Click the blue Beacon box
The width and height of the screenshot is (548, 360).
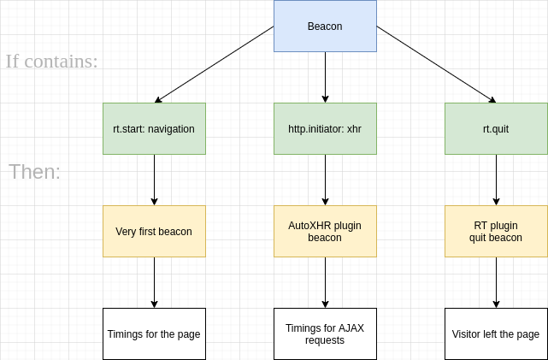click(325, 27)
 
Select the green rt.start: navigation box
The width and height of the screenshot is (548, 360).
click(154, 129)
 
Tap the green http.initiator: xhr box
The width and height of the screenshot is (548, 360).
click(325, 129)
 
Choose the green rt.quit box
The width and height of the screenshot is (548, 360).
click(496, 129)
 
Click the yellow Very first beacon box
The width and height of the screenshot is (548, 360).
click(154, 232)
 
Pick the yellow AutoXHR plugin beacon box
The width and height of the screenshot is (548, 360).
click(325, 232)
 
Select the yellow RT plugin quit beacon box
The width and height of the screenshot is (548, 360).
click(496, 232)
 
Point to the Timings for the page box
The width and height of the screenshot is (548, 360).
click(154, 333)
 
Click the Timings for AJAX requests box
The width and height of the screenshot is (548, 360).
click(325, 333)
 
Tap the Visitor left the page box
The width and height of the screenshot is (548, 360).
click(496, 333)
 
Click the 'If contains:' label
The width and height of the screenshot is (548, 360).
click(51, 62)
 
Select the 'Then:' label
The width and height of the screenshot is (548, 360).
click(35, 172)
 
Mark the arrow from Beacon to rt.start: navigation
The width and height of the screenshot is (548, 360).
click(214, 64)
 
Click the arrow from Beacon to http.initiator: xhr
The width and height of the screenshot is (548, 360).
click(325, 77)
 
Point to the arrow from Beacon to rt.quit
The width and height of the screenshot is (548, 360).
click(436, 64)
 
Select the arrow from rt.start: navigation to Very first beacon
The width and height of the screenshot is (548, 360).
click(154, 180)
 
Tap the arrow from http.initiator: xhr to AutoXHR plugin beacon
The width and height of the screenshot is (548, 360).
click(325, 180)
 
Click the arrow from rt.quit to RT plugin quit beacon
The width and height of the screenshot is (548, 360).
click(496, 180)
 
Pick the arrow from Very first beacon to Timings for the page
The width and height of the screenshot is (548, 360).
click(154, 282)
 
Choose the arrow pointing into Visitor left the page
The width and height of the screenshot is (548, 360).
click(496, 282)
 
